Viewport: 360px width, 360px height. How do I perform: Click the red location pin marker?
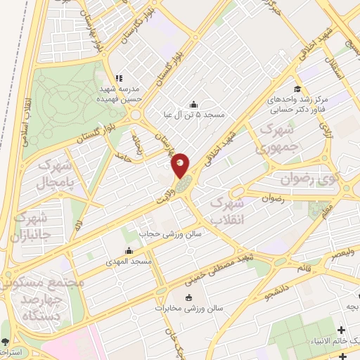pos(181,165)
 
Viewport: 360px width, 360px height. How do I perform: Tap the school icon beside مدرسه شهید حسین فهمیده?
pos(119,78)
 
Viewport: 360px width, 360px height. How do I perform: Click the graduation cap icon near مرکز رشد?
pos(297,89)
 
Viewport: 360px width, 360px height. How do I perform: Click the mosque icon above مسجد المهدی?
pos(129,251)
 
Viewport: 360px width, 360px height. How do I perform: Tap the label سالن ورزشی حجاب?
pos(160,233)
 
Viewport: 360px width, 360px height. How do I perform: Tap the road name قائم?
pos(304,267)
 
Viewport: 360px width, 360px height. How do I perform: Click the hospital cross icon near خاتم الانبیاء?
pos(342,330)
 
